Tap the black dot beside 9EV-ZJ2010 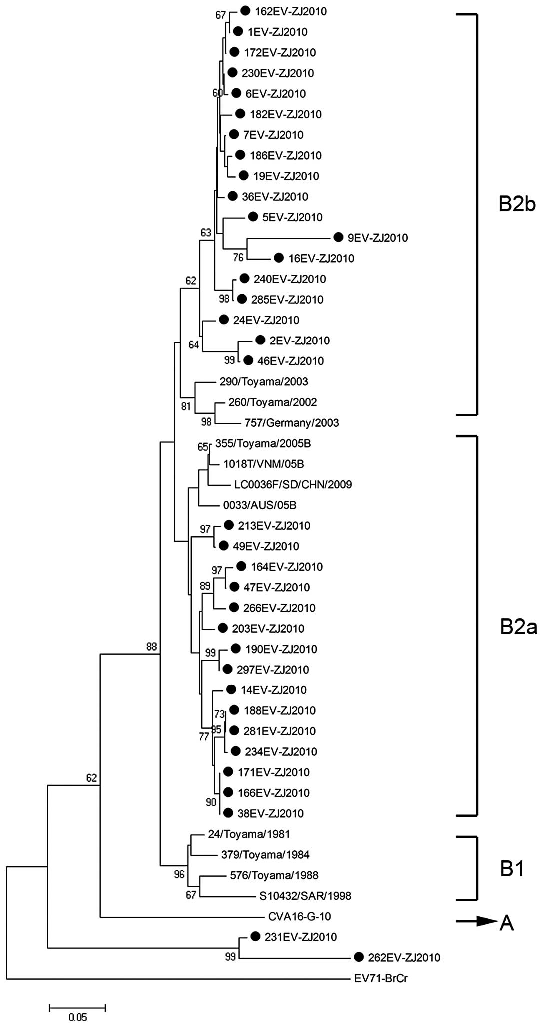[338, 237]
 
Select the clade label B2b [517, 204]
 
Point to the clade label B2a [518, 627]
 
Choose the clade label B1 [512, 869]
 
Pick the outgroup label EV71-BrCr [380, 978]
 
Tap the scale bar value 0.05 [78, 1017]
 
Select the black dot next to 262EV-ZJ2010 [358, 957]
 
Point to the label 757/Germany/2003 [291, 423]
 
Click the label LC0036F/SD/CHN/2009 [293, 484]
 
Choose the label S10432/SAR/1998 [305, 896]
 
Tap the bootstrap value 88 [151, 647]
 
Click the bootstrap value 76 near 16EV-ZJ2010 [238, 257]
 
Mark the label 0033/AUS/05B [259, 505]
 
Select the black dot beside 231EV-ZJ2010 [255, 936]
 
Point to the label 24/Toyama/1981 [249, 834]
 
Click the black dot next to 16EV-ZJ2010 [279, 258]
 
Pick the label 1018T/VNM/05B [263, 464]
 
